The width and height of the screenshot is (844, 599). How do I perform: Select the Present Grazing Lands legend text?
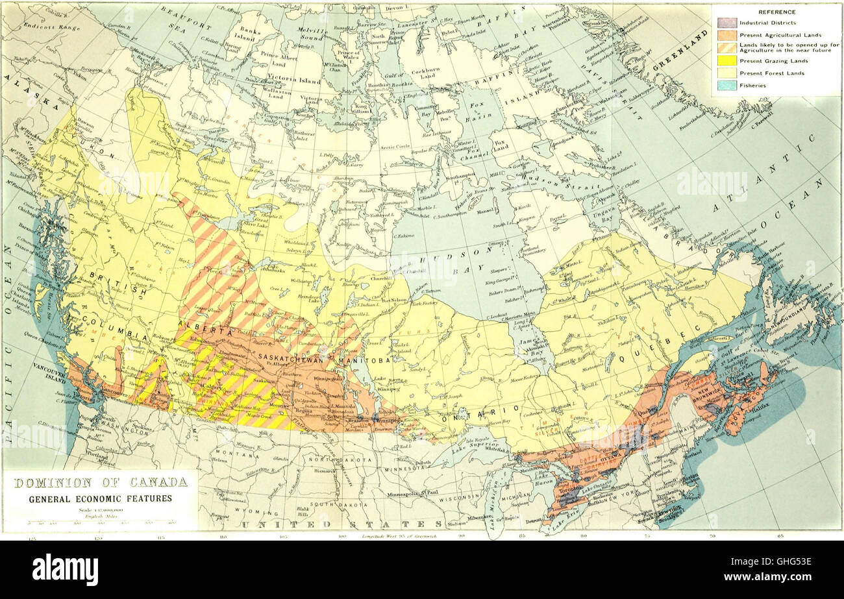tap(765, 61)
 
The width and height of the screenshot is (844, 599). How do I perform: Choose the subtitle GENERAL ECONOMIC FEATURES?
tap(100, 498)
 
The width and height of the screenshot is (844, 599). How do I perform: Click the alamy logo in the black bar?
tap(65, 570)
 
